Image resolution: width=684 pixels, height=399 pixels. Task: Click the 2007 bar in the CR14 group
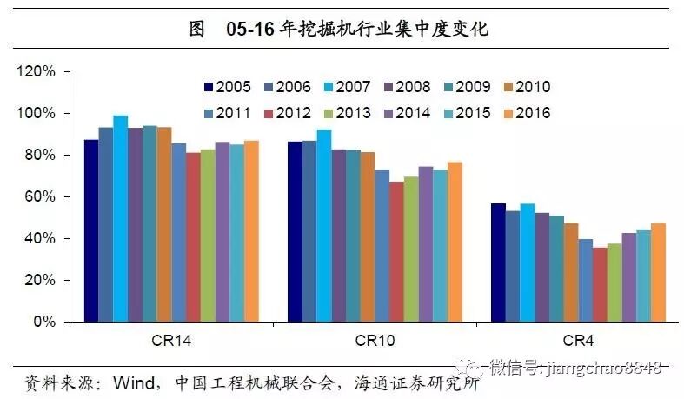pyautogui.click(x=120, y=218)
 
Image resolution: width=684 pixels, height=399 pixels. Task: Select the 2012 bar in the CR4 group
pyautogui.click(x=600, y=284)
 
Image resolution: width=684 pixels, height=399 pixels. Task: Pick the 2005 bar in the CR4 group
pyautogui.click(x=498, y=262)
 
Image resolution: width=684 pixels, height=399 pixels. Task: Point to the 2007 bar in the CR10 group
pyautogui.click(x=323, y=225)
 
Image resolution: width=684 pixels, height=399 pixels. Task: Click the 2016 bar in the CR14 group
pyautogui.click(x=251, y=230)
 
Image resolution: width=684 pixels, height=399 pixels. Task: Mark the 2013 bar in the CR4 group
pyautogui.click(x=614, y=283)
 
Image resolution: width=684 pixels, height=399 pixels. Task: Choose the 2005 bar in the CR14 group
pyautogui.click(x=91, y=230)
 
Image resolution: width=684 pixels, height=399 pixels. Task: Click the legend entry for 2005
pyautogui.click(x=227, y=87)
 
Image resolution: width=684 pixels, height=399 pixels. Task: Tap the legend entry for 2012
pyautogui.click(x=287, y=113)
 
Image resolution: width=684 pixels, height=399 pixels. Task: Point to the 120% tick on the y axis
pyautogui.click(x=38, y=71)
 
